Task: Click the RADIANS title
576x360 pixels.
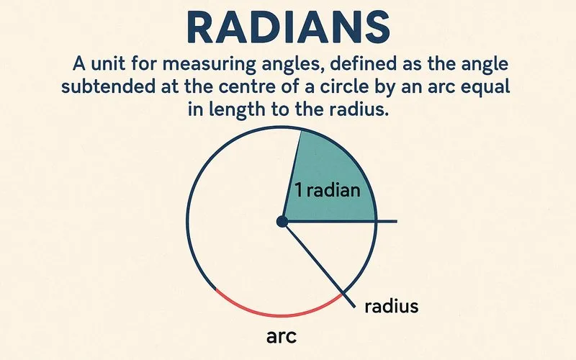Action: pos(287,27)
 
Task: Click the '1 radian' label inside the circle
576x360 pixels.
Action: pos(327,192)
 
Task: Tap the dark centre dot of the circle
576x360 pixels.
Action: pos(282,222)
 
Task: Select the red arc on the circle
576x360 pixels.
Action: pos(277,312)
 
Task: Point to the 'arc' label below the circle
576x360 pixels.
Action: pos(282,336)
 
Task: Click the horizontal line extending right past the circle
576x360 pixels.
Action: pos(387,221)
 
